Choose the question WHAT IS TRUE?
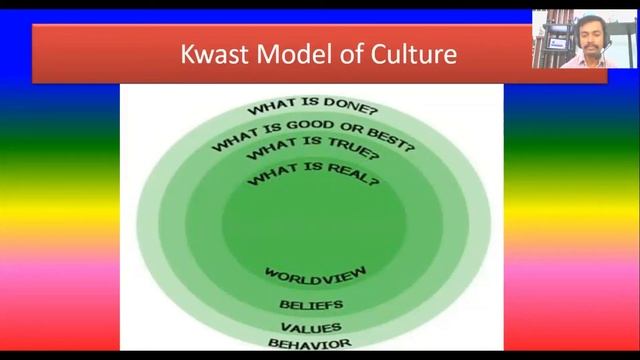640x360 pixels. [x=313, y=153]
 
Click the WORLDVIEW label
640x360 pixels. [x=316, y=273]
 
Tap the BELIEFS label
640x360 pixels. [x=311, y=303]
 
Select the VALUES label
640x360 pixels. [x=311, y=327]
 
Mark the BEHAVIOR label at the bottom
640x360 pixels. [x=310, y=344]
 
